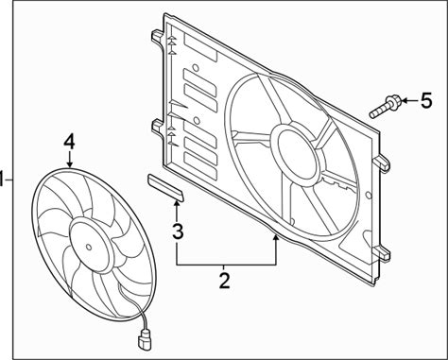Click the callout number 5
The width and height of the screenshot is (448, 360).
[x=426, y=101]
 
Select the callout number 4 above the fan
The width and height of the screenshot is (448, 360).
[x=69, y=143]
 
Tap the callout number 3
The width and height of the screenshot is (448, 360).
[x=178, y=231]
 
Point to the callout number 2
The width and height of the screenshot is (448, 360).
[x=224, y=281]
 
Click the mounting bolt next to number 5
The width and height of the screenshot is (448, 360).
[x=386, y=107]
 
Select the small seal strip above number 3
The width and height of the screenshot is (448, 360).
[x=165, y=187]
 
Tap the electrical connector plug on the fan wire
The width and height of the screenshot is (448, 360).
[x=144, y=340]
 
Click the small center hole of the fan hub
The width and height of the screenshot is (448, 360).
[x=89, y=247]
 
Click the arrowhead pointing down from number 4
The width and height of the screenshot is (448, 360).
[x=69, y=163]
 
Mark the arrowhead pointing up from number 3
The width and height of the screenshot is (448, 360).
[x=177, y=205]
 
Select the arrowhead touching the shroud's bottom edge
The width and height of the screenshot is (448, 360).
[x=276, y=238]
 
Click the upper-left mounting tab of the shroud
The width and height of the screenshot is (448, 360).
[x=158, y=37]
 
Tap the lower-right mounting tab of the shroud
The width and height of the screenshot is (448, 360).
[x=382, y=252]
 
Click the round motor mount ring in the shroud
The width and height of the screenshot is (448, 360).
[x=297, y=149]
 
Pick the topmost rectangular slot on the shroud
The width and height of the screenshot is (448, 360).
[x=200, y=47]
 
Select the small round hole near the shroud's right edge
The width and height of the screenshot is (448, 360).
[x=369, y=196]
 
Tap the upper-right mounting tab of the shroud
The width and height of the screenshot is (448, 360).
[x=382, y=163]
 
